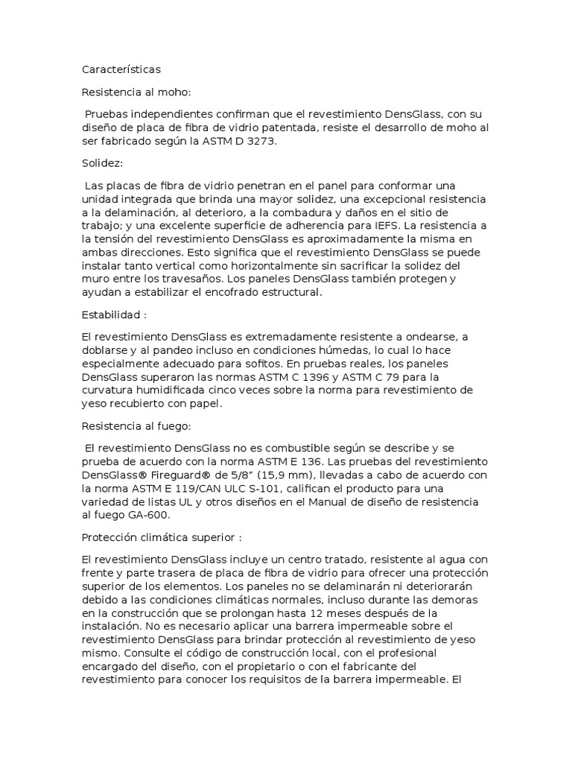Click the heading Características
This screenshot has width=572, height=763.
click(121, 69)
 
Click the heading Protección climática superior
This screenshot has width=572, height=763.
click(162, 536)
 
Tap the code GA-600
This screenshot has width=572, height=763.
click(150, 514)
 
